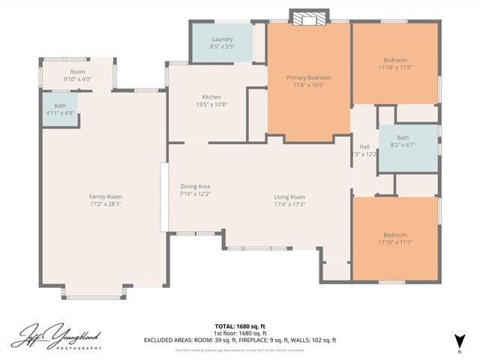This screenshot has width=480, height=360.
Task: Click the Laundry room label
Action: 222,39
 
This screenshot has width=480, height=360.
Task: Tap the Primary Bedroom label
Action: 308,77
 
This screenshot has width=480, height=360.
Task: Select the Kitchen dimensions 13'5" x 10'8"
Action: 211,104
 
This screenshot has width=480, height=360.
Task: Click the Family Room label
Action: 105,196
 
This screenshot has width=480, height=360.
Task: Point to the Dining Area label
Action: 194,186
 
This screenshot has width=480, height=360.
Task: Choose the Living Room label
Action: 289,196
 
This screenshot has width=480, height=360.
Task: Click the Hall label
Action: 364,146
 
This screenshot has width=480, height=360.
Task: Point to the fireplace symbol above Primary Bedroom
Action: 309,19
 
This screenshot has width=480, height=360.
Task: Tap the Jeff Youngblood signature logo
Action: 61,336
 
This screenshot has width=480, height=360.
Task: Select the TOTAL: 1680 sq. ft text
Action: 240,326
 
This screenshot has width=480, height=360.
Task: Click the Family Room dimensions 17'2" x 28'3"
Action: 105,203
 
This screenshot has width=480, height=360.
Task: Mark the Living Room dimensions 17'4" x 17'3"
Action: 289,204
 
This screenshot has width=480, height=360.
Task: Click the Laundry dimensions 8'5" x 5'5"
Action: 222,46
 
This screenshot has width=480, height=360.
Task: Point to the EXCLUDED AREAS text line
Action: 240,340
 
